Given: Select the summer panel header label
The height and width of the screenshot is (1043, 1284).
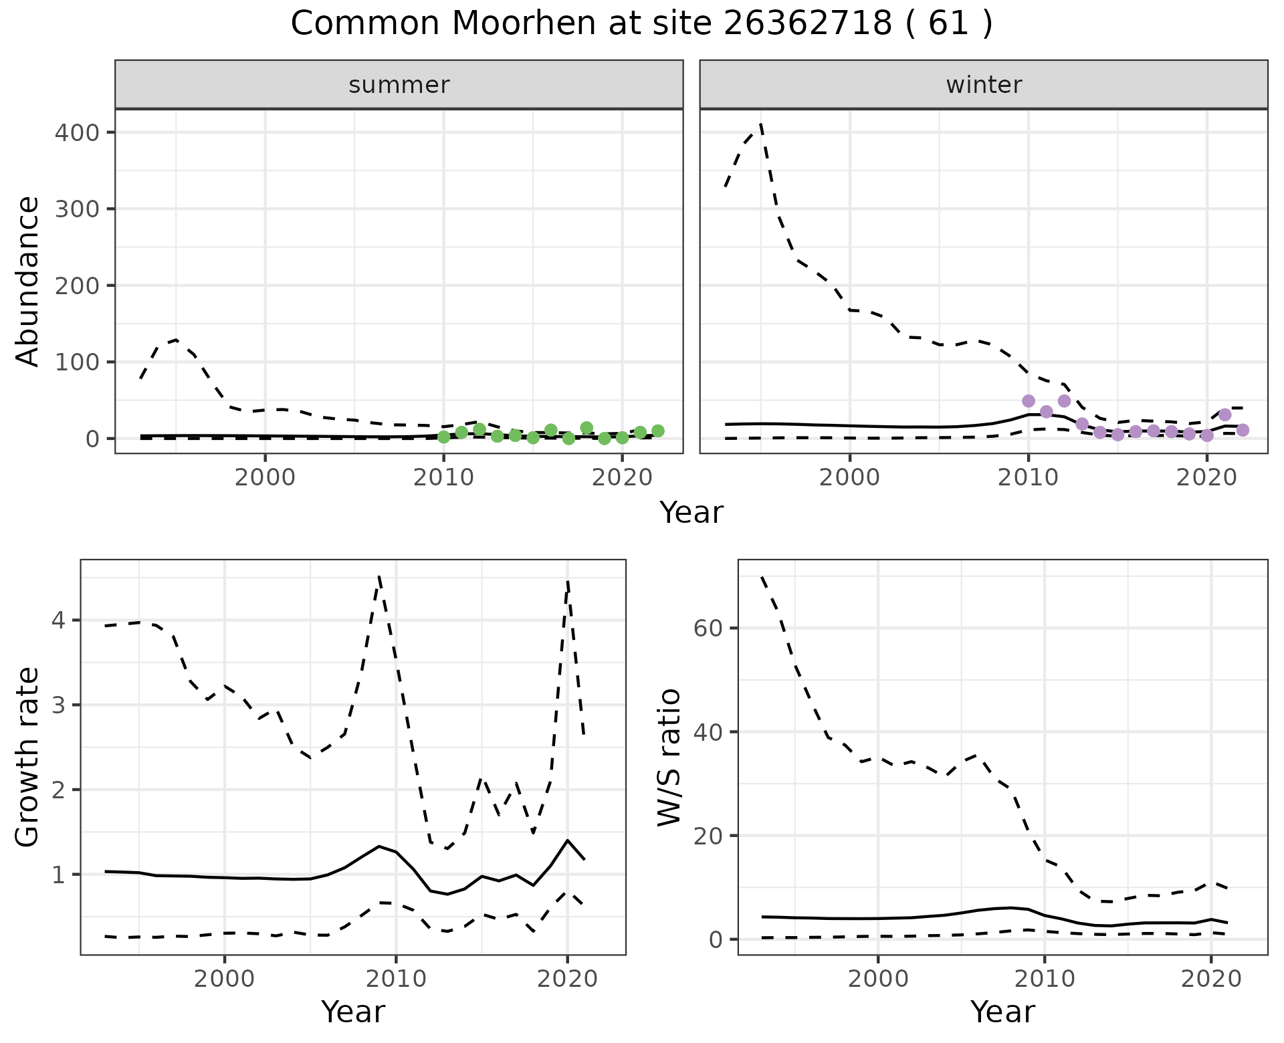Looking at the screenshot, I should pyautogui.click(x=399, y=85).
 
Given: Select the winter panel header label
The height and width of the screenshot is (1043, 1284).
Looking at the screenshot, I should pyautogui.click(x=984, y=85).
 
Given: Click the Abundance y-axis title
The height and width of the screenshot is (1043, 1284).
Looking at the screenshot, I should pyautogui.click(x=28, y=281).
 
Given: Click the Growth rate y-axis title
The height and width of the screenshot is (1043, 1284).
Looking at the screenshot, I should pyautogui.click(x=28, y=758).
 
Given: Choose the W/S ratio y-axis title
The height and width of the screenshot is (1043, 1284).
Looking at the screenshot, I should pyautogui.click(x=669, y=758).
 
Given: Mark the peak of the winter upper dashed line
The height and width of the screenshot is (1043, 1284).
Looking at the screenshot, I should pyautogui.click(x=761, y=124).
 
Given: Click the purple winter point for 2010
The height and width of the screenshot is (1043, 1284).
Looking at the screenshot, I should pyautogui.click(x=1029, y=401).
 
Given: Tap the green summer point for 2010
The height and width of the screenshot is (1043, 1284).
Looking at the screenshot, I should pyautogui.click(x=443, y=437).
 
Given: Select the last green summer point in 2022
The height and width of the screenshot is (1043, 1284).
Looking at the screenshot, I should pyautogui.click(x=658, y=431).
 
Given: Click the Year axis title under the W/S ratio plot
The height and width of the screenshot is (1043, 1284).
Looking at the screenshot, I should pyautogui.click(x=1002, y=1012).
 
